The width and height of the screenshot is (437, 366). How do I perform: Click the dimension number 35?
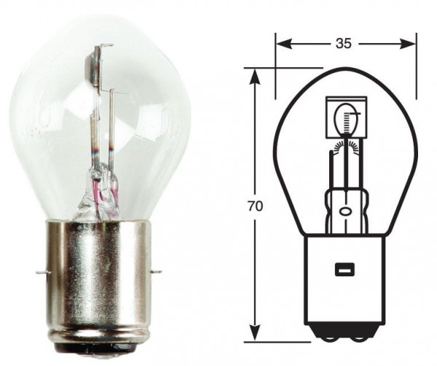coord(345,44)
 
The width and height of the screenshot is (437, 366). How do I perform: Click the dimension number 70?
coord(254,206)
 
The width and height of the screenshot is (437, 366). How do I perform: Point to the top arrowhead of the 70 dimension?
coord(254,75)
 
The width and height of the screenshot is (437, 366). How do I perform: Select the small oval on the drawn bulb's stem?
coord(343,211)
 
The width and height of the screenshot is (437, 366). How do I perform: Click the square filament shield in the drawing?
coord(342,117)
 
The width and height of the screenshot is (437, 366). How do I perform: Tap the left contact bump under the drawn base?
coord(328,338)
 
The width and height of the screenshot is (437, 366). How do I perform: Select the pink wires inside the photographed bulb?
coord(113,194)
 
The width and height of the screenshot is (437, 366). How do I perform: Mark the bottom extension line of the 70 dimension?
coord(284,340)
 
